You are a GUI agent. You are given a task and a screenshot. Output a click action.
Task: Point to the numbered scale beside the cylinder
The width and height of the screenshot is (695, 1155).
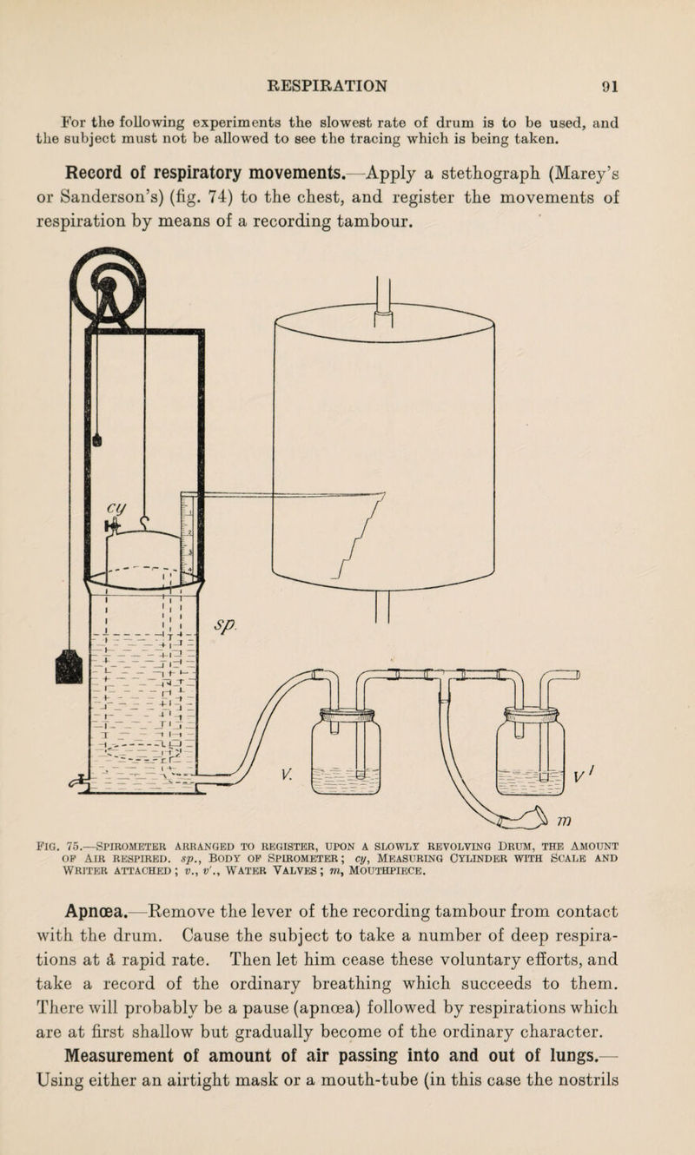point(188,538)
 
